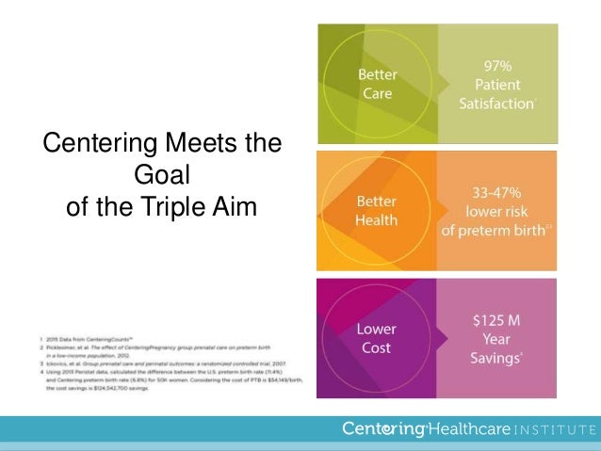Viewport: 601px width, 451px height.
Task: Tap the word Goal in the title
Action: click(x=162, y=175)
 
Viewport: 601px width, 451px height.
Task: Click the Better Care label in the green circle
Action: click(x=377, y=83)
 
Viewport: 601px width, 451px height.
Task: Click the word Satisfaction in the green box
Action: click(x=495, y=104)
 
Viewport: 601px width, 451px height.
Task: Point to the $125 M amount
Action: click(x=496, y=320)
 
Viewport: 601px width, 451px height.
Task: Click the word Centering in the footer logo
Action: click(x=383, y=430)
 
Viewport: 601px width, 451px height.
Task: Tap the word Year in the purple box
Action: click(x=496, y=341)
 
